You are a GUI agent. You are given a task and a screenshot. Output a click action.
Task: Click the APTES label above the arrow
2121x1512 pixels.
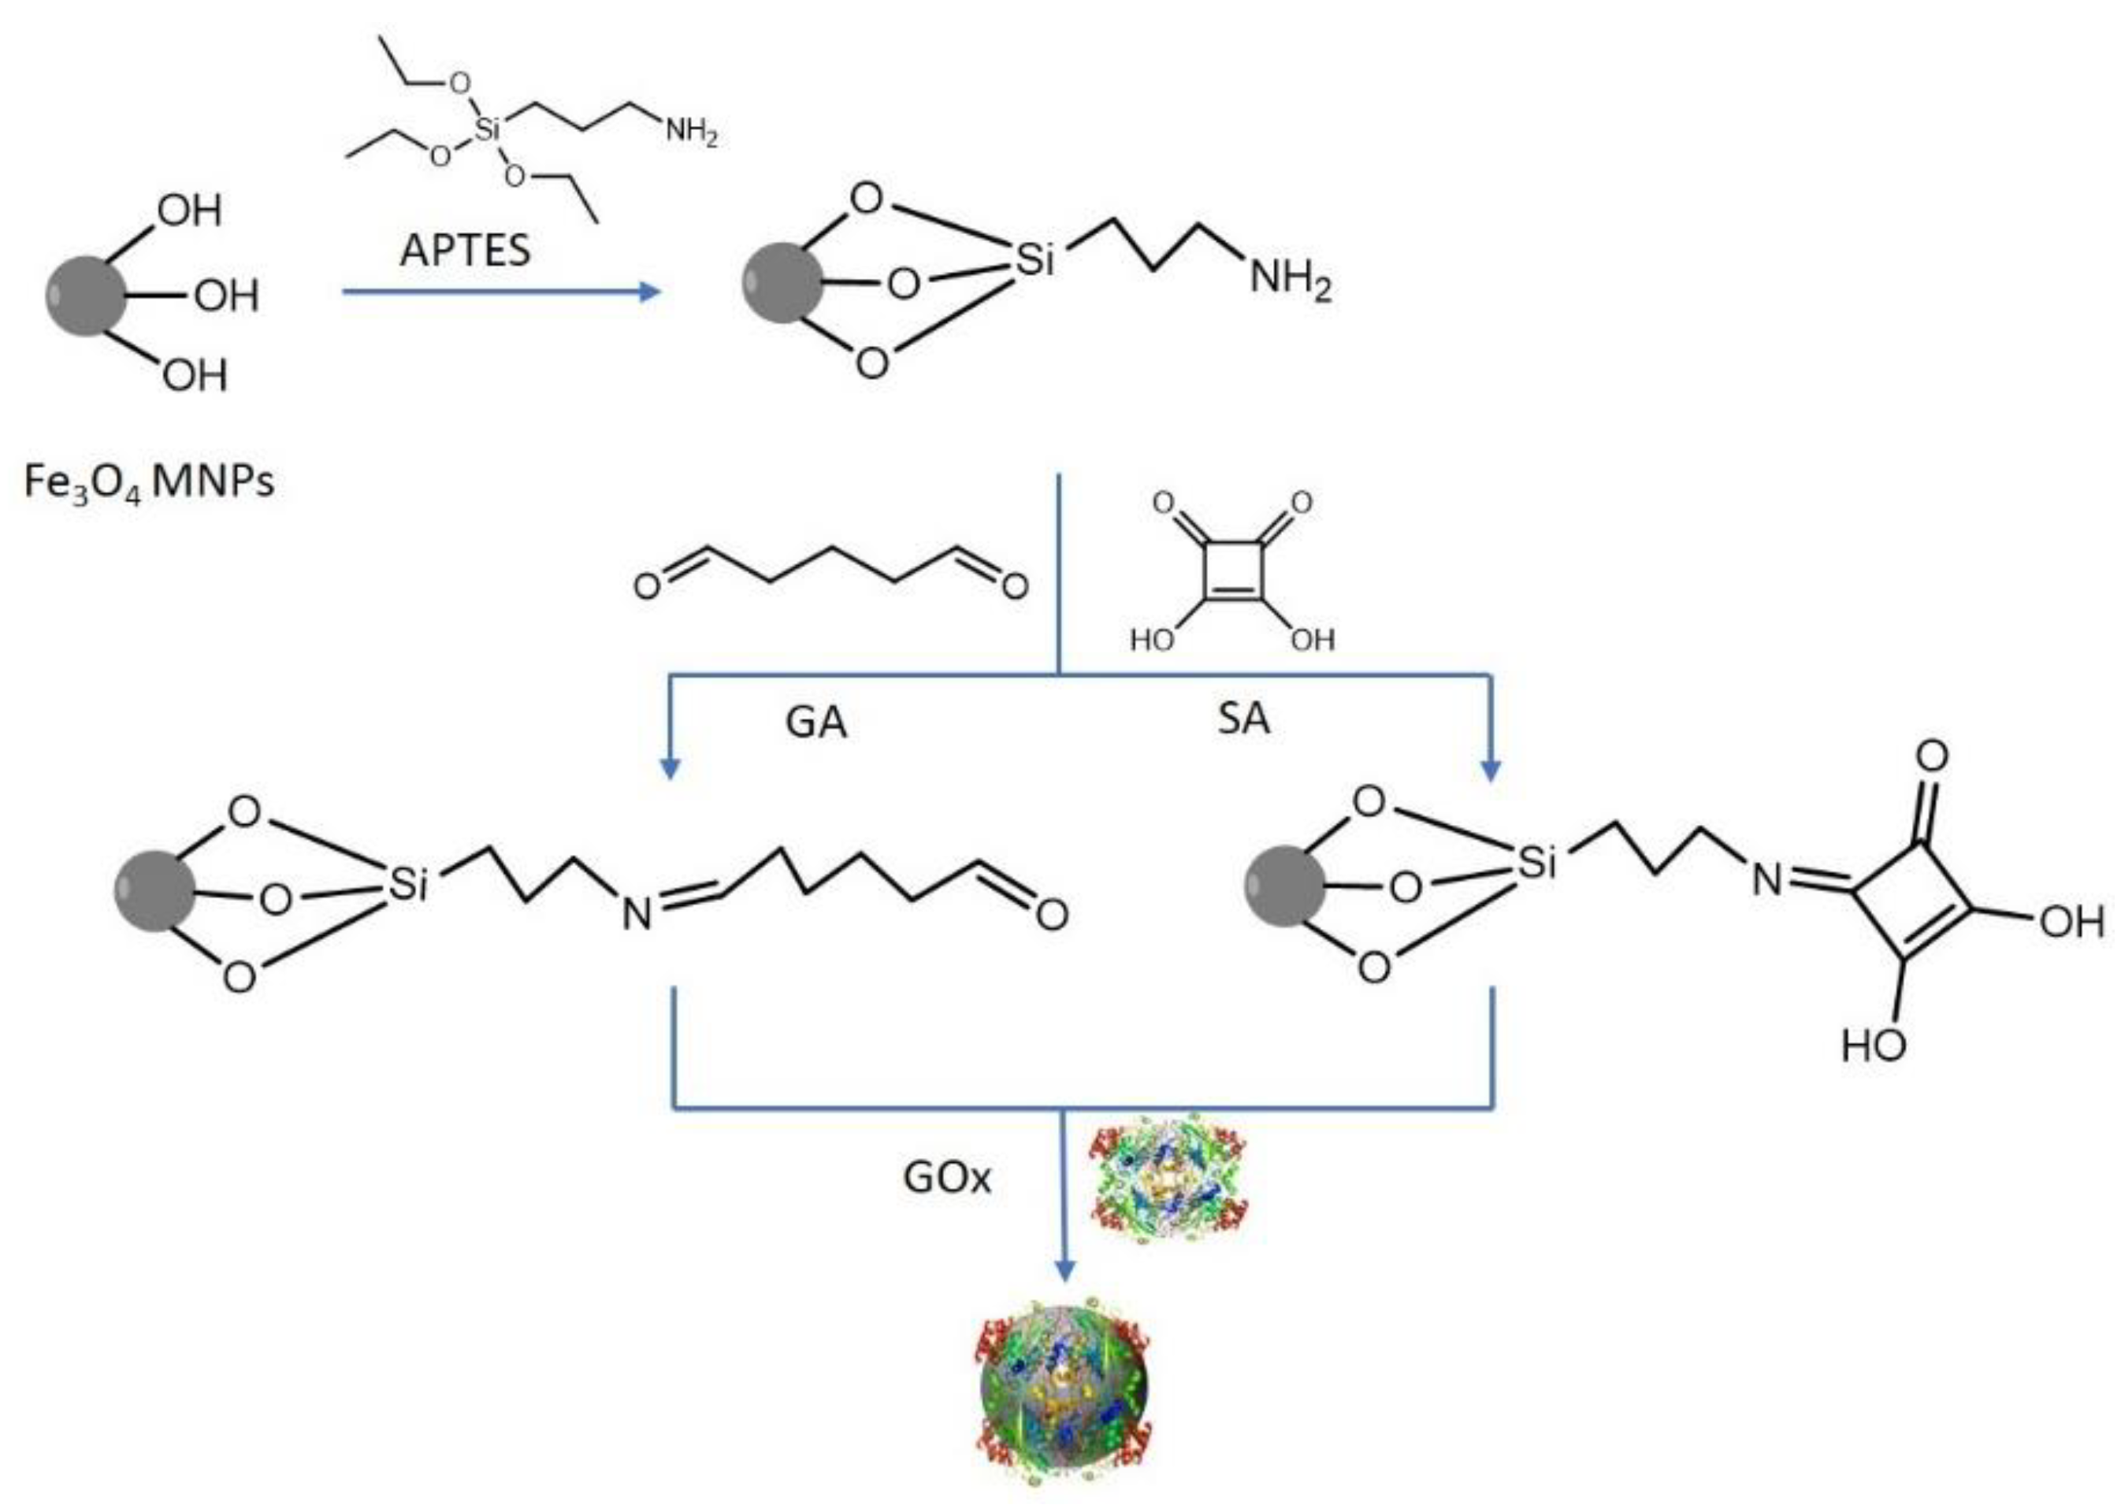(465, 250)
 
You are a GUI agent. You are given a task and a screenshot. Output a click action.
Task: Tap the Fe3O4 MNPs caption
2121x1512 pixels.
(149, 482)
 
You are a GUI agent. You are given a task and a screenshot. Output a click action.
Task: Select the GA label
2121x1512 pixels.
(815, 723)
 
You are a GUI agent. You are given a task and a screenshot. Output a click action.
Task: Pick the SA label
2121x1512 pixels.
(1243, 719)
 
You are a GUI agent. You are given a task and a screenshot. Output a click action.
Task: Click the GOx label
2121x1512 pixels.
(947, 1177)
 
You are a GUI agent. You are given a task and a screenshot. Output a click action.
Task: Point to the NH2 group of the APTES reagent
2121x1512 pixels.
(691, 132)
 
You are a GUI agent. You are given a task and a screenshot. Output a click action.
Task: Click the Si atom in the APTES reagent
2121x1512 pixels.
(487, 129)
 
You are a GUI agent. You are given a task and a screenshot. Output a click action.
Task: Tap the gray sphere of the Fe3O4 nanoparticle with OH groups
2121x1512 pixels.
(86, 295)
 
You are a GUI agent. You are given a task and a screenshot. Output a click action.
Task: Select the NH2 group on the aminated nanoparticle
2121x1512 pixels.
(1290, 277)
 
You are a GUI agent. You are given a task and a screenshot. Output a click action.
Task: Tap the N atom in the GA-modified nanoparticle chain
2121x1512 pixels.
(637, 914)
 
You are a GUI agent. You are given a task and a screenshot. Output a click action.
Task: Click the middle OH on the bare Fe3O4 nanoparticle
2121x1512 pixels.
(226, 296)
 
